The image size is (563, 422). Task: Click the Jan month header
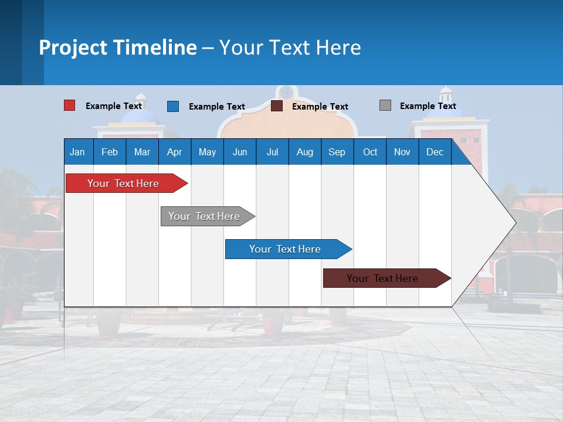[x=77, y=152]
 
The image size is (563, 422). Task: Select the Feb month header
[x=110, y=152]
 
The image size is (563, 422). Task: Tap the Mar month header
[x=142, y=152]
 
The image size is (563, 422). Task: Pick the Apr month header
[x=174, y=152]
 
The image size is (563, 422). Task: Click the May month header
[x=207, y=152]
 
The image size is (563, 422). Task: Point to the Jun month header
[x=240, y=152]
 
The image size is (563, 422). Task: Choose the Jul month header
[x=272, y=152]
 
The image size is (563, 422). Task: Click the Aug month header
[x=304, y=152]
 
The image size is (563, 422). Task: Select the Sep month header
[x=337, y=152]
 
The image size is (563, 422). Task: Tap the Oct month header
[x=370, y=152]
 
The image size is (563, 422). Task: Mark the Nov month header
[x=402, y=152]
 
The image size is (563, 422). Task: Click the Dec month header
[x=435, y=152]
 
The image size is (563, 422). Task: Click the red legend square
[x=69, y=105]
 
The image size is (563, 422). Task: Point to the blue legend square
[x=173, y=106]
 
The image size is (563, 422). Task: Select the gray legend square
[x=385, y=105]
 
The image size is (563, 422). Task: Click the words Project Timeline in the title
[x=118, y=47]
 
